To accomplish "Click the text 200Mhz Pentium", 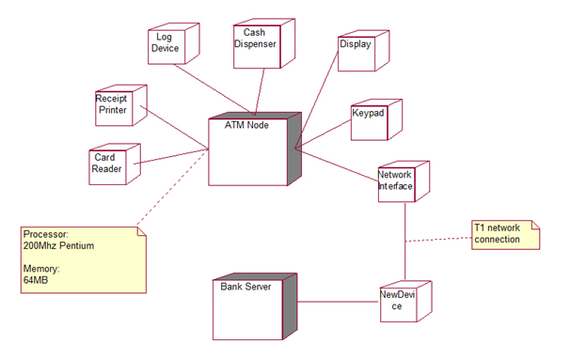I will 58,245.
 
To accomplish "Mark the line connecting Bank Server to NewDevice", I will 340,302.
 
